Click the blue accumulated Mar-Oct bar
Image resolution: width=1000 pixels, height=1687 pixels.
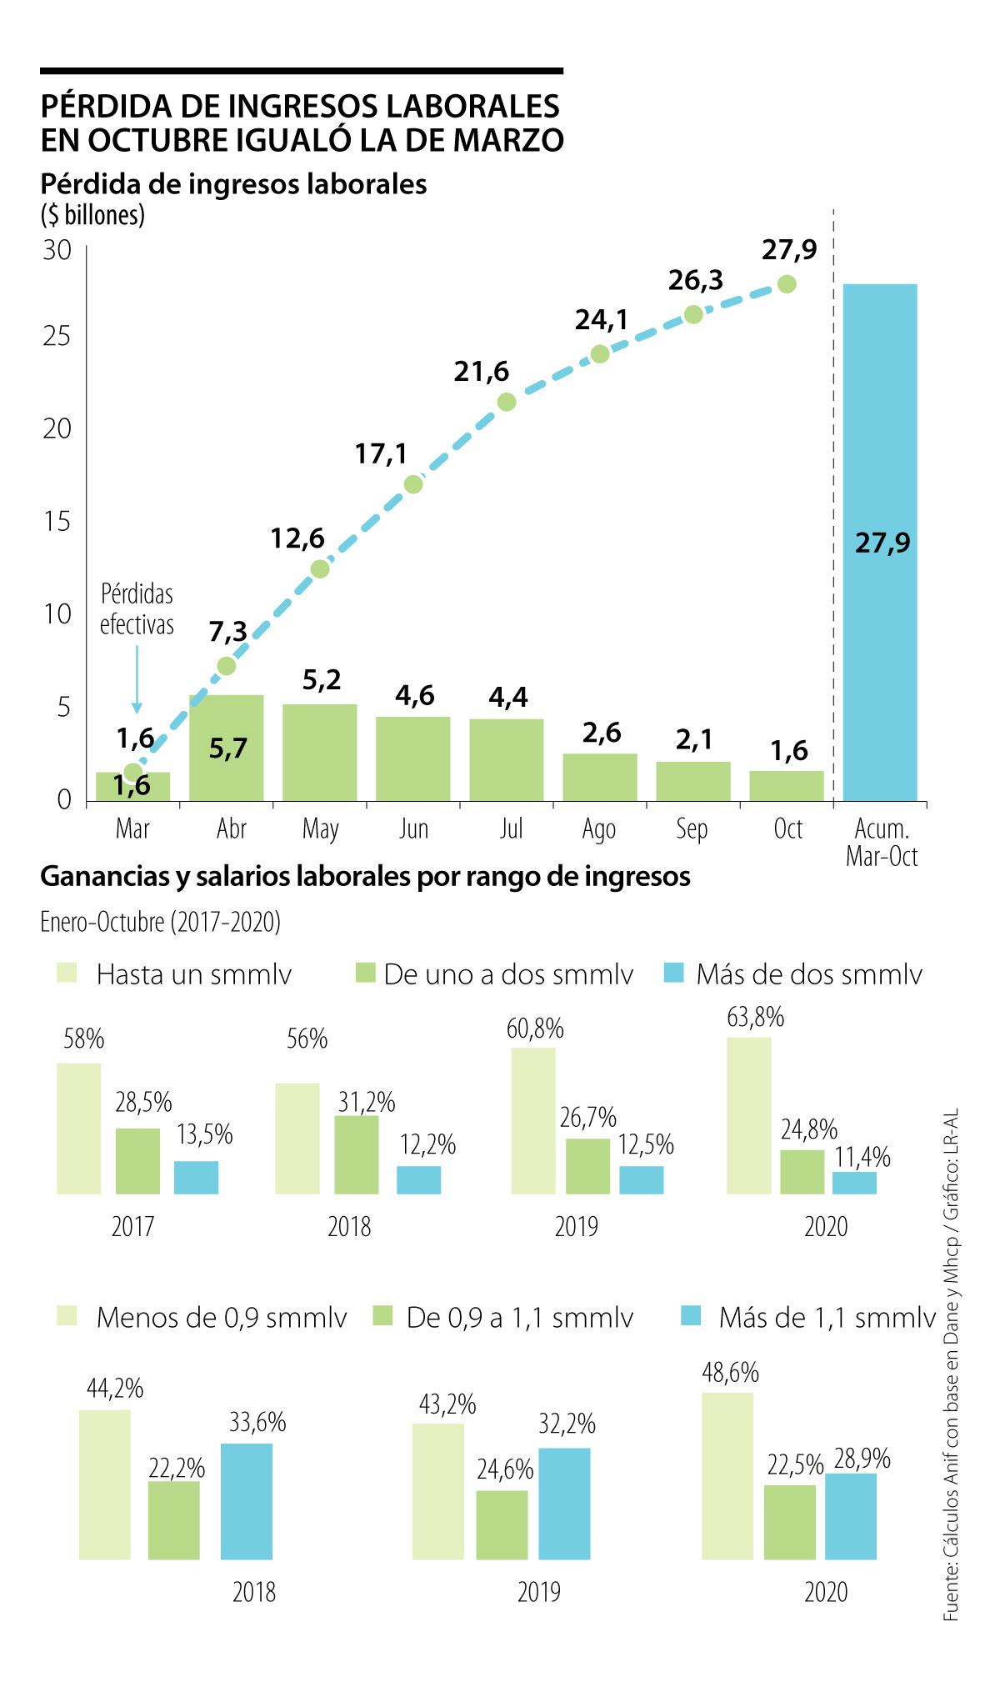click(x=880, y=542)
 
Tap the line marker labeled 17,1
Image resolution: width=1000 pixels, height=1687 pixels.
click(x=413, y=484)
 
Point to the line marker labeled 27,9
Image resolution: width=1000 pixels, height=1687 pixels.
click(x=787, y=284)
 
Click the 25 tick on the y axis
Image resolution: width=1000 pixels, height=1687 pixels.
click(x=57, y=337)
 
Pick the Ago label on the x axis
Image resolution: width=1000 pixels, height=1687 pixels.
click(x=599, y=829)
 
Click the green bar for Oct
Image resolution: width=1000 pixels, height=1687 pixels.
click(x=787, y=786)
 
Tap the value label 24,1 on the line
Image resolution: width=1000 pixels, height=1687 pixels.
click(x=601, y=320)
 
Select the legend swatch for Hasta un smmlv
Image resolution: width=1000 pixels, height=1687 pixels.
click(x=67, y=973)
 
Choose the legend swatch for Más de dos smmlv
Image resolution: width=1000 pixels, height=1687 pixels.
click(x=674, y=973)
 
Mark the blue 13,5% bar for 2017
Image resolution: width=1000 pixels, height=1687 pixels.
click(x=197, y=1177)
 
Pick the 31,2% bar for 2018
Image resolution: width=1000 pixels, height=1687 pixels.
click(x=357, y=1154)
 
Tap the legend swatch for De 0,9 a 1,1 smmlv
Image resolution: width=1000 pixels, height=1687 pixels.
click(x=382, y=1316)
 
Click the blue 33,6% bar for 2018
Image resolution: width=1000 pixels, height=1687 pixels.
click(x=247, y=1501)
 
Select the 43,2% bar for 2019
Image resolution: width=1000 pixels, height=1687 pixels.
click(x=438, y=1491)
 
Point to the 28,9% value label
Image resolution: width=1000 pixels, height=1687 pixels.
click(x=862, y=1459)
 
